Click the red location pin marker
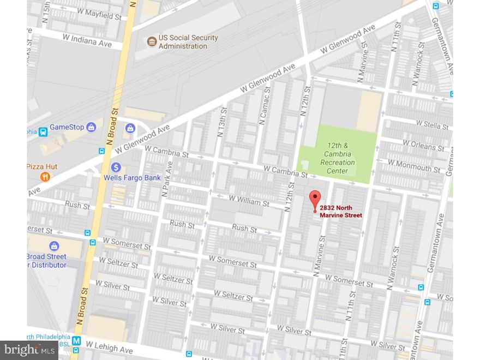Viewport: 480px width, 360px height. click(x=315, y=199)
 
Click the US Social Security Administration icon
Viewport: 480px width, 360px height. click(x=151, y=41)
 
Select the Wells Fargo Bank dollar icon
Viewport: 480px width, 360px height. click(x=116, y=167)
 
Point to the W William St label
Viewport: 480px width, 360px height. click(x=249, y=201)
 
